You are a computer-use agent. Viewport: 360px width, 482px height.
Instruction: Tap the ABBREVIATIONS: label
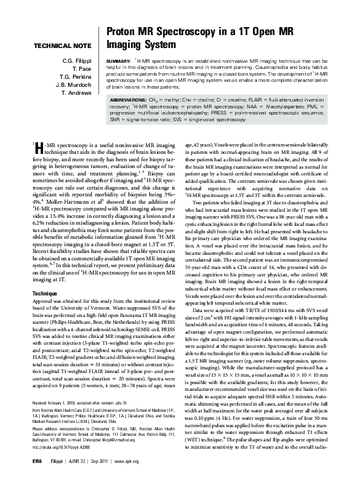coord(130,99)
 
